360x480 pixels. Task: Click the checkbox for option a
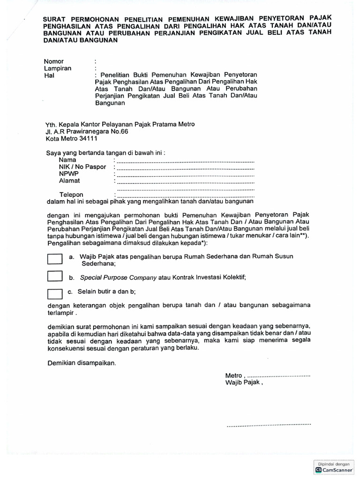pos(55,259)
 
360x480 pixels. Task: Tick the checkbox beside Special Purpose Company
pos(55,277)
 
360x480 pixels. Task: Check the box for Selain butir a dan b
pos(55,294)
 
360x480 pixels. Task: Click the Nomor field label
pos(54,61)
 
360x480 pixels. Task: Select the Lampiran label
pos(58,68)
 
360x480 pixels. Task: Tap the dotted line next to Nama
pos(185,161)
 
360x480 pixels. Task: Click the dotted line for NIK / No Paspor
pos(185,167)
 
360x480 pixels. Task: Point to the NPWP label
pos(68,174)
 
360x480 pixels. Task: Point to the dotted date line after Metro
pos(278,376)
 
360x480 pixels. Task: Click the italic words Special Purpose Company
pos(118,277)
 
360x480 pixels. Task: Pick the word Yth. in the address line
pos(51,124)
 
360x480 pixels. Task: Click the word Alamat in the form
pos(69,180)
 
